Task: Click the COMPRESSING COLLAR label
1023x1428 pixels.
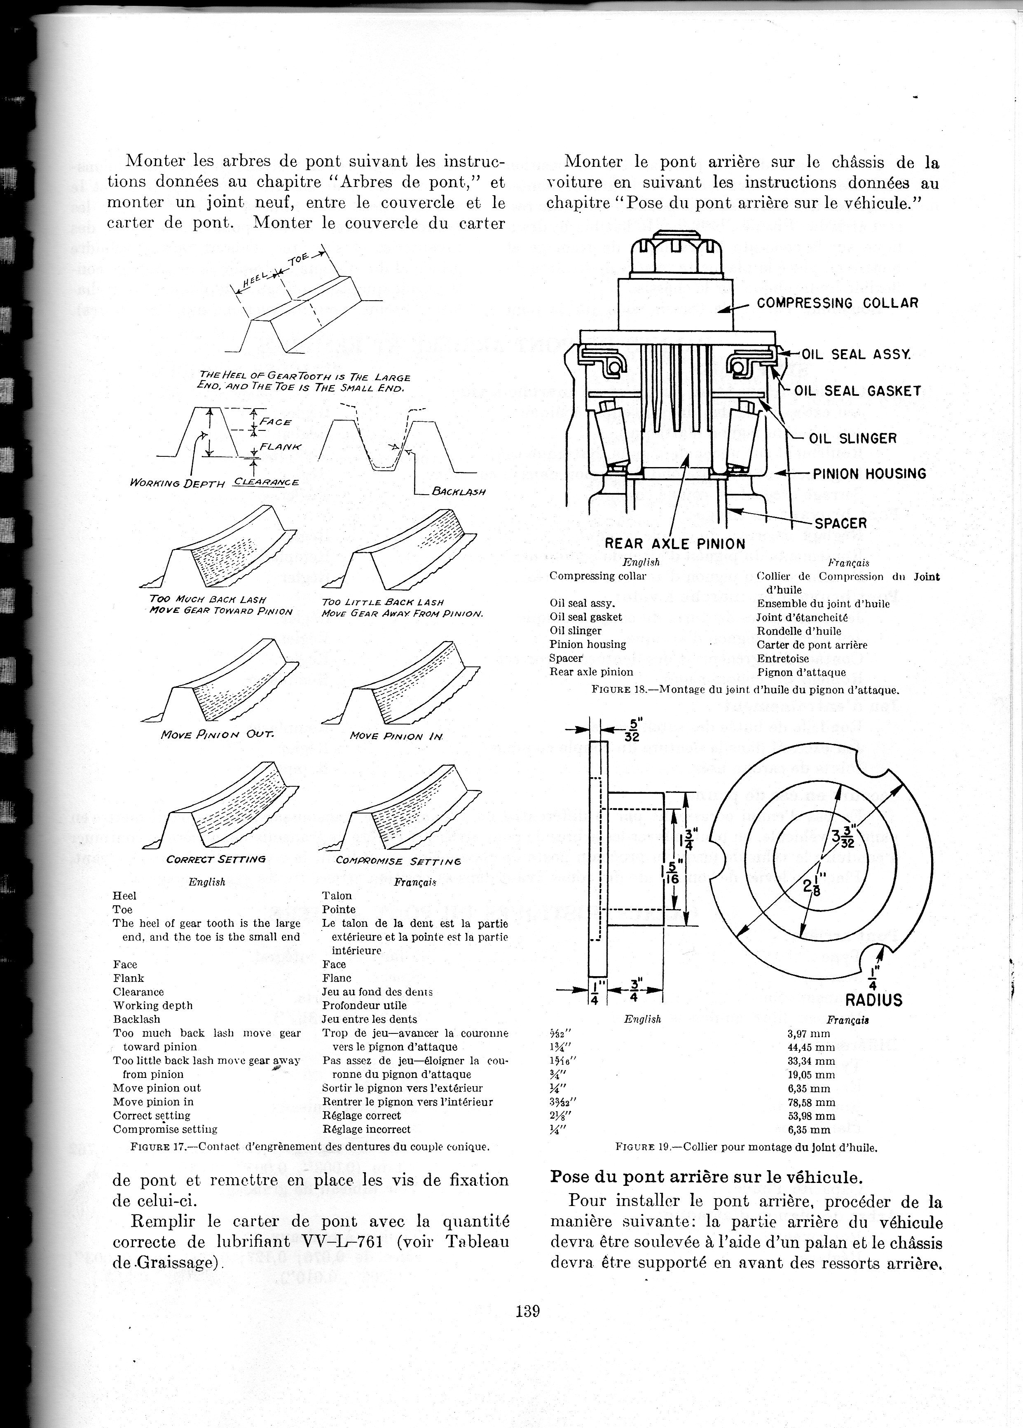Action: tap(837, 303)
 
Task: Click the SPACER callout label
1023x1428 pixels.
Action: tap(840, 523)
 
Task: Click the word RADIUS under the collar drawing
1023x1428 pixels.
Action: tap(874, 1000)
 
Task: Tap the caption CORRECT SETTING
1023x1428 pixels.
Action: tap(215, 859)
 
